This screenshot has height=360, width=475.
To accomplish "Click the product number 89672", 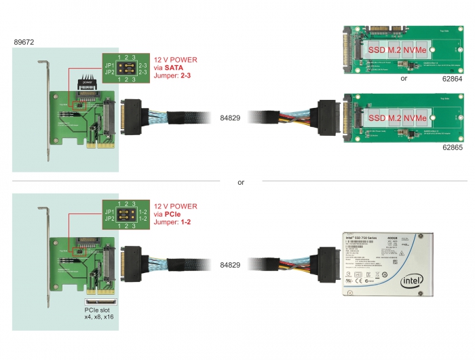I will pos(24,43).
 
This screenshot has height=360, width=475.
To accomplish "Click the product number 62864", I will pos(436,79).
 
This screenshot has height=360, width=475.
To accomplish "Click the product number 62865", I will pos(436,145).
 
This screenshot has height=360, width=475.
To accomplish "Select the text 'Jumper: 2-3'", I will pos(174,77).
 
